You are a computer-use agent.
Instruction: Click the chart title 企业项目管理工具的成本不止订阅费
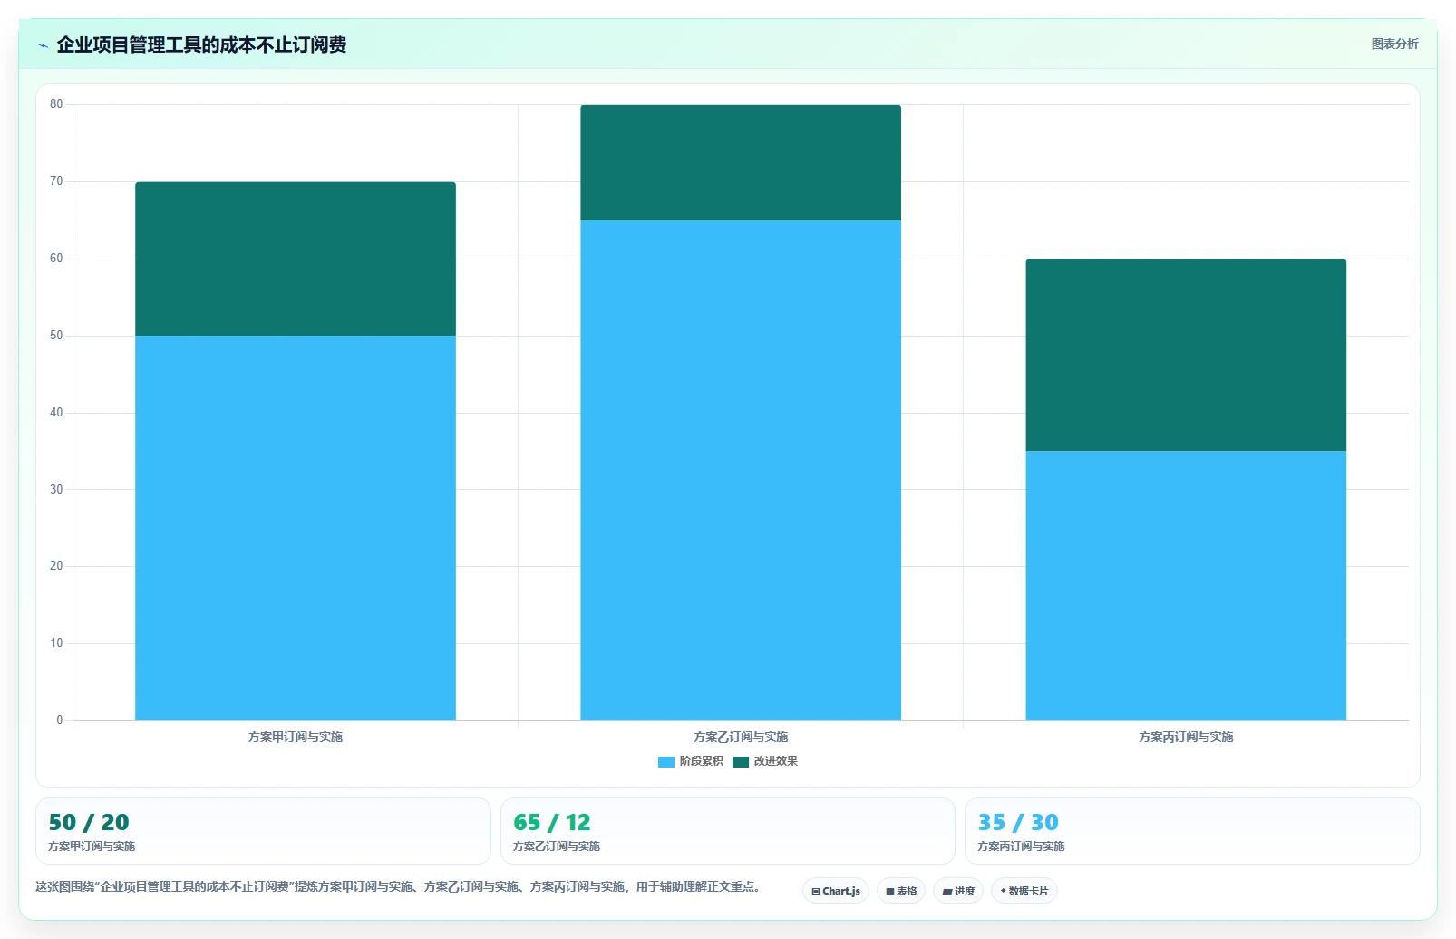201,44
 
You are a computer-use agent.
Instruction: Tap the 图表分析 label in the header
1395,44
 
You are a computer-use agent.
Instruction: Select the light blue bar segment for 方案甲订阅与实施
296,528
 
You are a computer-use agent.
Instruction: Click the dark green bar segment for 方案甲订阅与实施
296,259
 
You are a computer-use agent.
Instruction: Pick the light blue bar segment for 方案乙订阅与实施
741,470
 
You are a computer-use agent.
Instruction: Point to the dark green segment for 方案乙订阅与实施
741,162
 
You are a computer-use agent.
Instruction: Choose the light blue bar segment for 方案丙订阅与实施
1186,585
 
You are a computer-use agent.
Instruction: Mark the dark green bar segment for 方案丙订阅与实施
1186,355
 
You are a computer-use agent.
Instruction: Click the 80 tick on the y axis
56,104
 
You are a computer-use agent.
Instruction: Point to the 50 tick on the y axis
56,336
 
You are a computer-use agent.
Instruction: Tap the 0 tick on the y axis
60,719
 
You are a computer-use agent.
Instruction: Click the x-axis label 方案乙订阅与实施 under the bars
741,737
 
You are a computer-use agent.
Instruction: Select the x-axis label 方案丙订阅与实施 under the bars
1186,737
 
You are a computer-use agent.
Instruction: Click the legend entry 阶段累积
690,761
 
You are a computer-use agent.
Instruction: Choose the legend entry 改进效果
765,761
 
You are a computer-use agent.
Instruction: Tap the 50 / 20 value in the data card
89,822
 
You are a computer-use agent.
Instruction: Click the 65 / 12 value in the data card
552,822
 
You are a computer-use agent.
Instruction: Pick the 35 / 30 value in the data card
1018,822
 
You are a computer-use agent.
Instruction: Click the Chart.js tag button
836,891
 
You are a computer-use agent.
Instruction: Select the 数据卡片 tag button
1024,891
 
